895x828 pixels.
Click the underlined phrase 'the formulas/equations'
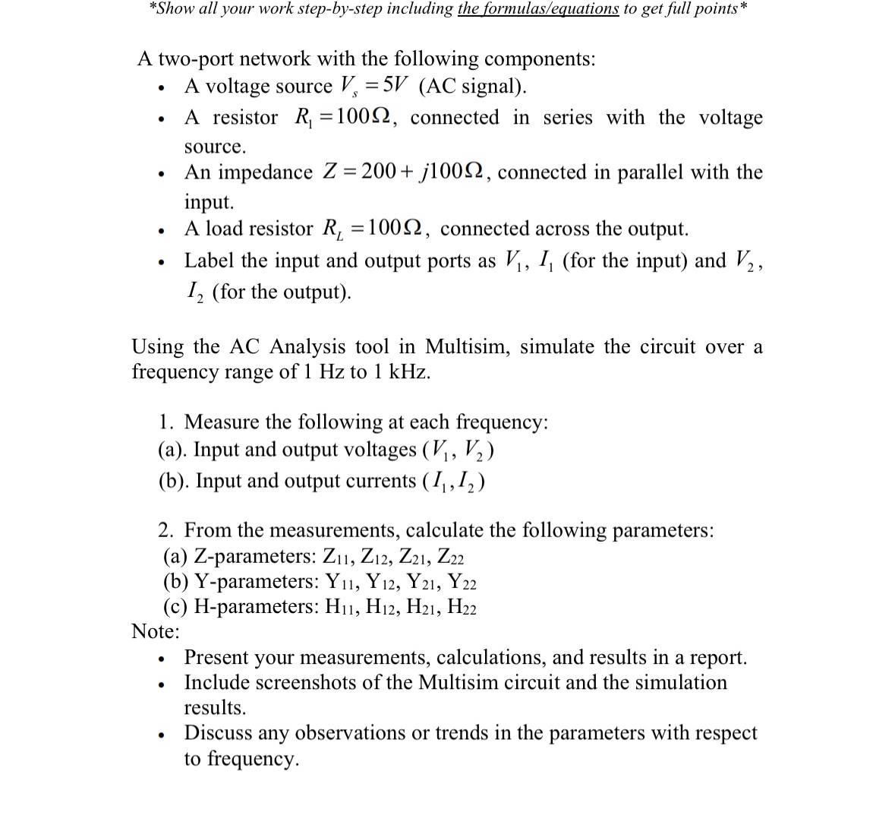point(538,8)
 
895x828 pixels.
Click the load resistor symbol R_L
point(332,229)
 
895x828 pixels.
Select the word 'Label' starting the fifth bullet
point(210,261)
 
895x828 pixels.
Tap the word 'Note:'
point(156,630)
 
